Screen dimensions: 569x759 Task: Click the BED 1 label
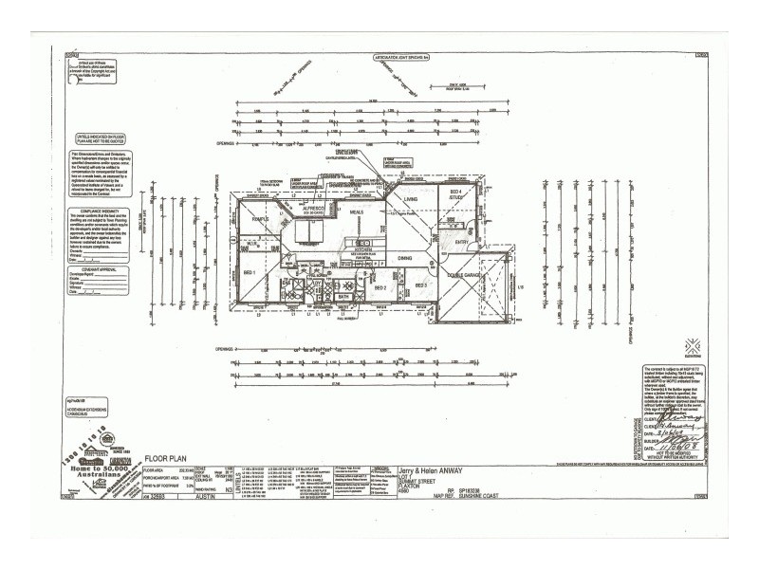250,272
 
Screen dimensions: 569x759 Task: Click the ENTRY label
461,243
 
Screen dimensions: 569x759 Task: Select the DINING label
404,258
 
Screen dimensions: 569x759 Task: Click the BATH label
344,297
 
